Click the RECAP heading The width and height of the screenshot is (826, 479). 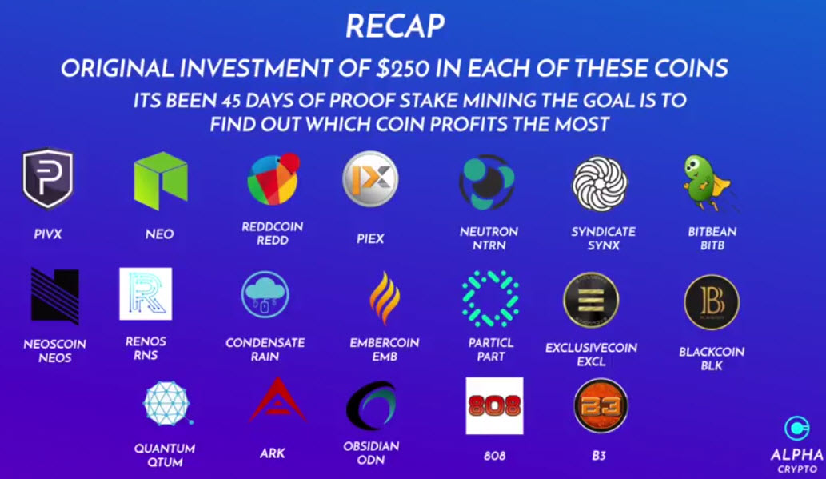[395, 26]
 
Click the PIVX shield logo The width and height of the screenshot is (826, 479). [47, 178]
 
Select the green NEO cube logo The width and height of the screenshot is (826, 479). [161, 181]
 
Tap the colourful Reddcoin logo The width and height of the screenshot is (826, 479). [273, 179]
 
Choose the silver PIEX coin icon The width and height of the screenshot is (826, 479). [370, 178]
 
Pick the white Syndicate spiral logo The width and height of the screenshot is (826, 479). [600, 184]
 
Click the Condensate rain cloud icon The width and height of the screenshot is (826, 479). [265, 294]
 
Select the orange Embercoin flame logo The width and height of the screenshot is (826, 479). [385, 297]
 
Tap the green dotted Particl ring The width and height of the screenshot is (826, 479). [490, 298]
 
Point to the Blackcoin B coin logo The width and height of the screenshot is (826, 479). [712, 302]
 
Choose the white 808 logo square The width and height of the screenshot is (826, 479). [495, 405]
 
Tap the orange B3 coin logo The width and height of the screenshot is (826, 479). [600, 405]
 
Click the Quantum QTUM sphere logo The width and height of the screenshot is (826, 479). [167, 404]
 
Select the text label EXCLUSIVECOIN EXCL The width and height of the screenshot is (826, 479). [591, 354]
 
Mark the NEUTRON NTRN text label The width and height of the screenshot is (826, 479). [489, 238]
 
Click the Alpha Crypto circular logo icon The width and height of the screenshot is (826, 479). [796, 428]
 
